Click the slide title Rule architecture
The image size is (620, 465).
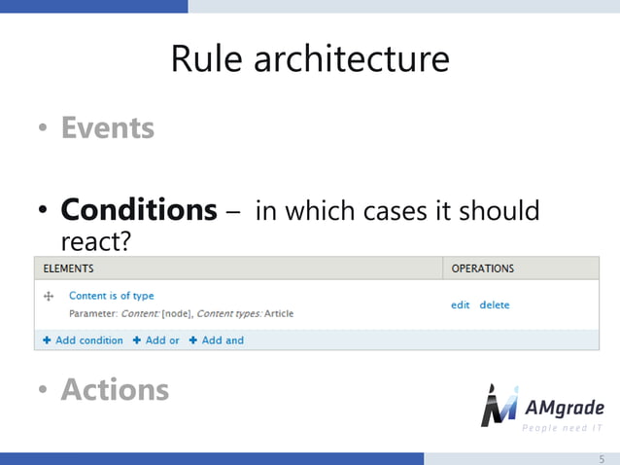[310, 59]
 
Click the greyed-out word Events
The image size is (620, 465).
[107, 128]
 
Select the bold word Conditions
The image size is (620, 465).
[139, 209]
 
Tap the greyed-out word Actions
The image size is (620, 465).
[115, 389]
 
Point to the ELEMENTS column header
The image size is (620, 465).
[68, 268]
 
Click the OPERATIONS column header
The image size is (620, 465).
[483, 268]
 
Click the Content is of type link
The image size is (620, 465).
[111, 296]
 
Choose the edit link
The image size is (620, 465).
[460, 304]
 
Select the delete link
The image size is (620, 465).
[494, 304]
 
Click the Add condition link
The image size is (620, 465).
[84, 340]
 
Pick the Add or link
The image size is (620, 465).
[156, 340]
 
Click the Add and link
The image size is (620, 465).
[217, 340]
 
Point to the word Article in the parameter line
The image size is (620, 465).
[279, 313]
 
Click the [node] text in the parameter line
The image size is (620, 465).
[177, 313]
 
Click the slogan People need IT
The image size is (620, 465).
[563, 428]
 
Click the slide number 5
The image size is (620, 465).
[601, 457]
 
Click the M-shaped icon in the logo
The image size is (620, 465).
[499, 407]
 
